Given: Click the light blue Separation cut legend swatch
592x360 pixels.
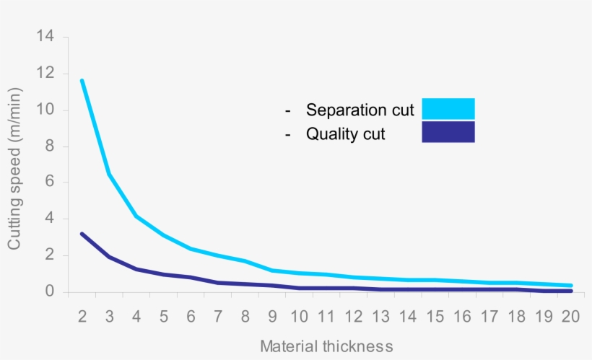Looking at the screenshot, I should pos(448,108).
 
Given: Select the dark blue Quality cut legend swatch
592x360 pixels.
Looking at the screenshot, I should pos(448,132).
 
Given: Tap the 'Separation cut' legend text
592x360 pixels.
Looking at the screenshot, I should pos(360,110).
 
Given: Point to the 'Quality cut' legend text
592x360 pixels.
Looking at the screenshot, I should pos(345,133).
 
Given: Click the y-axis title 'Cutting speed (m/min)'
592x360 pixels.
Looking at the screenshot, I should pos(14,169).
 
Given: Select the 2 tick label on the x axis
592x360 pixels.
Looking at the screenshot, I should pos(82,317).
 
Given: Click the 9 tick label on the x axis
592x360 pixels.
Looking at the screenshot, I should pos(273,317).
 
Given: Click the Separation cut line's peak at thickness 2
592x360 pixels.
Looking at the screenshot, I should pos(82,81).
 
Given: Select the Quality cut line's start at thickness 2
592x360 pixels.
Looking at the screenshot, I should pos(82,234).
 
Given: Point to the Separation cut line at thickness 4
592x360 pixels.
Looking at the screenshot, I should pos(136,216).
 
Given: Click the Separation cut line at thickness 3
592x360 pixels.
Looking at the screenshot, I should pos(109,174).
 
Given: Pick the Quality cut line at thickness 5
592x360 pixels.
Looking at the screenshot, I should pos(164,274).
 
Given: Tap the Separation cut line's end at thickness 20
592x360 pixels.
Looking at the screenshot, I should pos(571,286).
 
